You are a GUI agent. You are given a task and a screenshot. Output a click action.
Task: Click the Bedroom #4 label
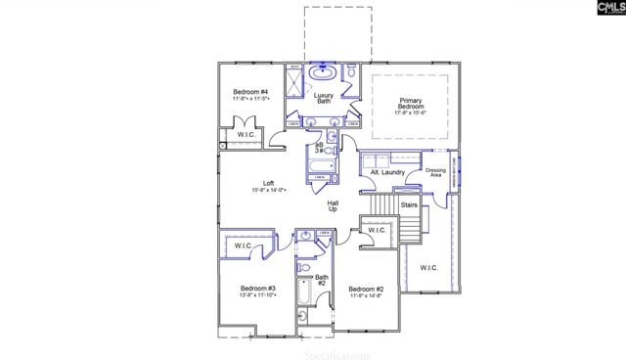(250, 90)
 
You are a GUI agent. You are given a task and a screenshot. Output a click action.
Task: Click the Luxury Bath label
(324, 98)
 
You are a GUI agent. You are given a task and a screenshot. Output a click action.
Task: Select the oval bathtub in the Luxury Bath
(322, 73)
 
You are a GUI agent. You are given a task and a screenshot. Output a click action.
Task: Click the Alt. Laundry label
(388, 173)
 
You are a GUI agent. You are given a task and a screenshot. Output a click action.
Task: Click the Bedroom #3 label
(258, 289)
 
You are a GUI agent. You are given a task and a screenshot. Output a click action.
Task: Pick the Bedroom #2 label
(365, 289)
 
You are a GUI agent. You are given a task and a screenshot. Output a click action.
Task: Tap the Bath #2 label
(321, 280)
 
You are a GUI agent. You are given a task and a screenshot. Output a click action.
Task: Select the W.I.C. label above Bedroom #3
(243, 247)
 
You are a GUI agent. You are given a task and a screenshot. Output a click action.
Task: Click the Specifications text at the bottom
(337, 353)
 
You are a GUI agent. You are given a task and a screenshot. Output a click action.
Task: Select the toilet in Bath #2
(304, 266)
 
